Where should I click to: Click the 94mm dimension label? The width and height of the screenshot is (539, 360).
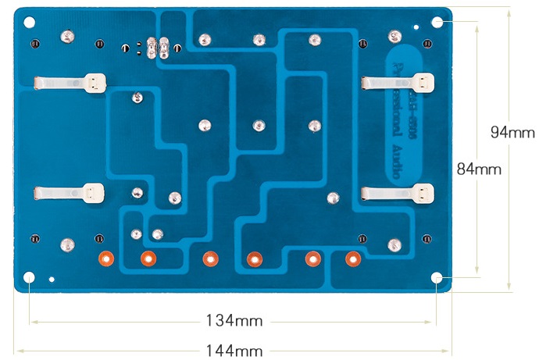[x=512, y=133]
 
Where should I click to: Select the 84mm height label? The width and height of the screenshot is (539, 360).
[x=479, y=168]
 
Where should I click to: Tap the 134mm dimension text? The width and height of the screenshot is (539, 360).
[x=234, y=320]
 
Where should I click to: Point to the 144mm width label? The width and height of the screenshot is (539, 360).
[x=234, y=351]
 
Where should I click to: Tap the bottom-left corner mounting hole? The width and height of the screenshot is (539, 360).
[x=30, y=277]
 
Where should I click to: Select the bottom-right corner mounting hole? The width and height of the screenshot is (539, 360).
[x=437, y=277]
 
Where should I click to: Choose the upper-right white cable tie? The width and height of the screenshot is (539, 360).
[x=398, y=81]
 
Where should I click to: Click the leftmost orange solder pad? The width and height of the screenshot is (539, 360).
[x=105, y=258]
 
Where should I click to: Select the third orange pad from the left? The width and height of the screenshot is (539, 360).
[x=209, y=258]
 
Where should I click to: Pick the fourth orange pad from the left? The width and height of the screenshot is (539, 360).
[x=254, y=258]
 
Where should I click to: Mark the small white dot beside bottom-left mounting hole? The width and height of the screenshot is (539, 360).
[x=51, y=279]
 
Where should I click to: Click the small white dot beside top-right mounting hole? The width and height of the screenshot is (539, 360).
[x=416, y=27]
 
